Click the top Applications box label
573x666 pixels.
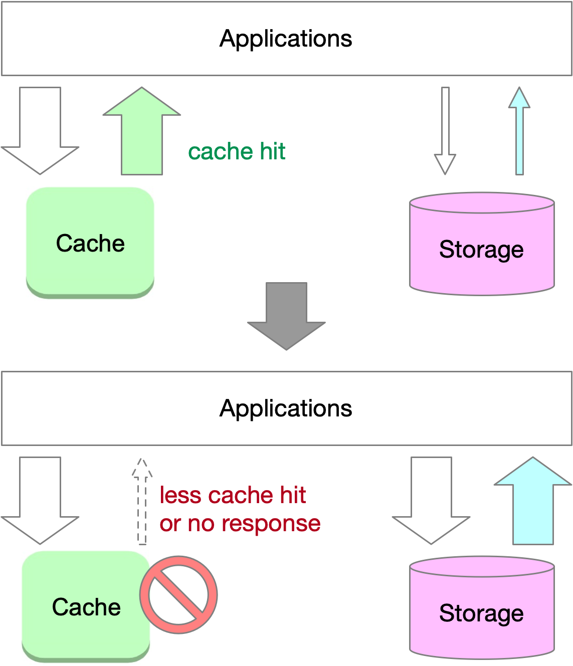[286, 39]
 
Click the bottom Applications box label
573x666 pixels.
[286, 408]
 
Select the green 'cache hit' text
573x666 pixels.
[237, 151]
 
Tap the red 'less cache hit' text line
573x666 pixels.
[233, 495]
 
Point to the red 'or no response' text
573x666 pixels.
[240, 524]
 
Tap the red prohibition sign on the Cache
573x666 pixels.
[178, 595]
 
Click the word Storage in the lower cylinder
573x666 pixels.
[481, 613]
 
